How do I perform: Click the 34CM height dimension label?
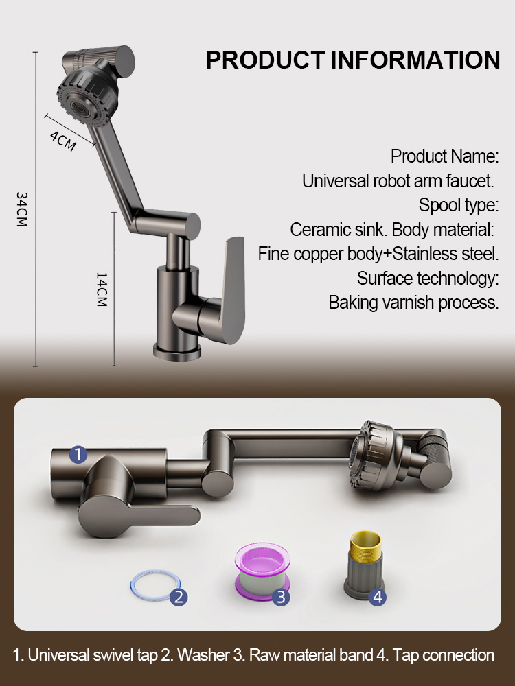[21, 209]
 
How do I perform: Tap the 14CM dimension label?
[102, 289]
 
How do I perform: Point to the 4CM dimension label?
[62, 139]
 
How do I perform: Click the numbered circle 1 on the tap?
[78, 454]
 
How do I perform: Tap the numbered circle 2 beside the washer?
[178, 597]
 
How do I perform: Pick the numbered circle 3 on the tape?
[280, 597]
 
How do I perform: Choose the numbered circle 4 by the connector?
[377, 597]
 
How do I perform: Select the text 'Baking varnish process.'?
[413, 303]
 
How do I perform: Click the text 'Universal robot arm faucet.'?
[398, 181]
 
